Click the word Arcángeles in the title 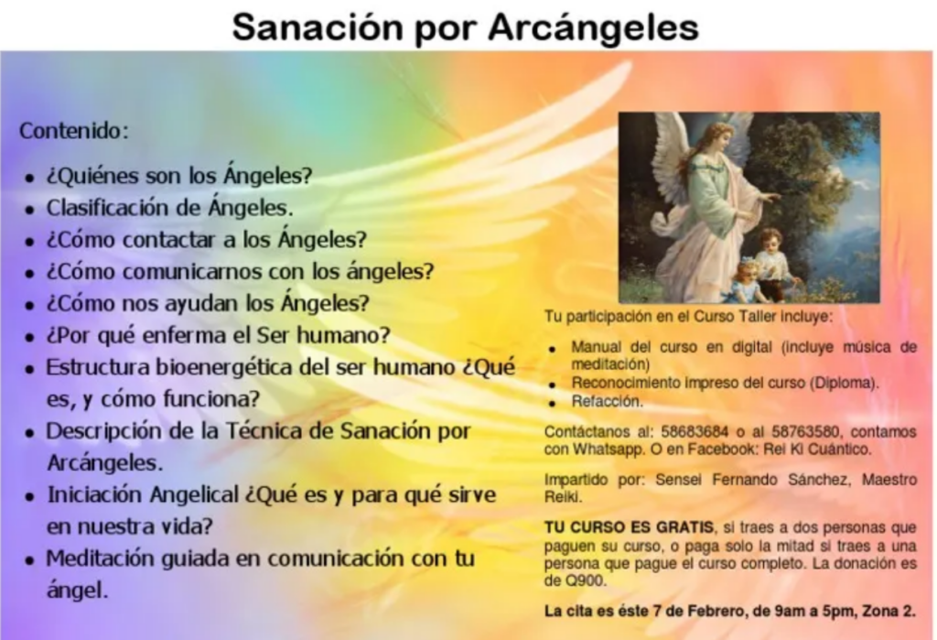point(593,28)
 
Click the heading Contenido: point(74,130)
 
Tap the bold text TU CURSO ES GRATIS point(629,527)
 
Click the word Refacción point(608,401)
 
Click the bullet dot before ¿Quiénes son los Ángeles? point(29,178)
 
